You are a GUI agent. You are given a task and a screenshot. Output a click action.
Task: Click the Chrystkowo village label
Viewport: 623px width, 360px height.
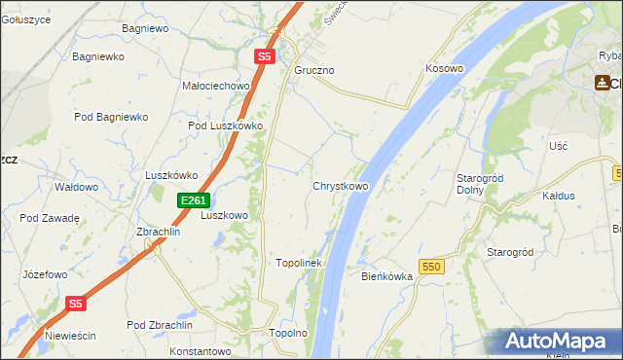tap(340, 186)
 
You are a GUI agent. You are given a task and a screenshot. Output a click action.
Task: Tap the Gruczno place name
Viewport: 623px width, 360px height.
tap(314, 71)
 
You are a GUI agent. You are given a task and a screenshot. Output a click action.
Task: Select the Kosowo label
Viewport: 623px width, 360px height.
tap(444, 69)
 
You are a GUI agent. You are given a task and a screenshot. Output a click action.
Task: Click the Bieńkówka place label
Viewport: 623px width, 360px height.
tap(387, 276)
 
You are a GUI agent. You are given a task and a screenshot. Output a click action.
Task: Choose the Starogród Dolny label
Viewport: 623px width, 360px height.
tap(478, 184)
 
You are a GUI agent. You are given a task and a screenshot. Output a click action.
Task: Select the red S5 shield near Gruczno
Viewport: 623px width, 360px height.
tap(265, 57)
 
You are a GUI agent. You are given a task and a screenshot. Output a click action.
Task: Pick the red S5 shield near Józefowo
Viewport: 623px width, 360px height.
tap(77, 304)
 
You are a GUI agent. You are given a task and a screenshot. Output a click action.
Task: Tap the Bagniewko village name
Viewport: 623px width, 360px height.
tap(98, 56)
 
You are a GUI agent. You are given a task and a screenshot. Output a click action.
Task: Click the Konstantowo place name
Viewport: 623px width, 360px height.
tap(199, 350)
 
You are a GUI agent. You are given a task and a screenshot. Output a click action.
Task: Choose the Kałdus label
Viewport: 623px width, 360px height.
tap(559, 196)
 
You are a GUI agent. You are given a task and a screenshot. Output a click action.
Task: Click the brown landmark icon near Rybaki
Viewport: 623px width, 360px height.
tap(604, 84)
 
